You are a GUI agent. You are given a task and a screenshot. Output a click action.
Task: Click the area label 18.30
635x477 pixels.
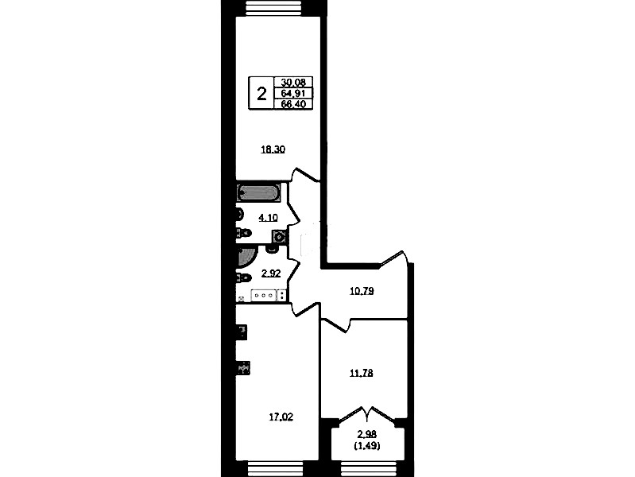click(x=273, y=149)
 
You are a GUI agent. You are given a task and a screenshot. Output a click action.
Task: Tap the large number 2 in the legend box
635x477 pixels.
click(x=262, y=95)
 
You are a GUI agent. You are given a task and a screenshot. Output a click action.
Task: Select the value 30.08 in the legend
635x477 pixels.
click(x=293, y=82)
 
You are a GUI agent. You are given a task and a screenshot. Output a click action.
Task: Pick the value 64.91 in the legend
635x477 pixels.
click(x=293, y=93)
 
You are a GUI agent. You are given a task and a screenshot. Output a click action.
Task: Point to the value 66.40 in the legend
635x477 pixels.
click(x=293, y=104)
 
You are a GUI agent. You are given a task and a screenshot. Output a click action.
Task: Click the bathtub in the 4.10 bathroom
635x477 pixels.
click(x=259, y=193)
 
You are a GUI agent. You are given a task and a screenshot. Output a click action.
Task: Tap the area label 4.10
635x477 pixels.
click(x=268, y=218)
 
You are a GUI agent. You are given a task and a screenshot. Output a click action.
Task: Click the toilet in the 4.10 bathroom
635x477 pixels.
click(x=244, y=233)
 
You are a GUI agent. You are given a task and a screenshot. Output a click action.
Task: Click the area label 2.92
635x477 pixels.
click(x=271, y=273)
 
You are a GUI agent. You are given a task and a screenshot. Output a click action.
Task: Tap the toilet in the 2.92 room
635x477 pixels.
click(x=243, y=278)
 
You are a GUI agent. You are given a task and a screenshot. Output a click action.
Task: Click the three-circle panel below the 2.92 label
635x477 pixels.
click(x=264, y=296)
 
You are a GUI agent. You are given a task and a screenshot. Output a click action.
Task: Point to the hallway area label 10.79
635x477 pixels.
click(x=362, y=291)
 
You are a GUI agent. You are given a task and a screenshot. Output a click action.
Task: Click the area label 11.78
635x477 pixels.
click(x=362, y=373)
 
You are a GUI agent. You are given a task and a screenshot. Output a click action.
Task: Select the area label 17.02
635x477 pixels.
click(x=281, y=417)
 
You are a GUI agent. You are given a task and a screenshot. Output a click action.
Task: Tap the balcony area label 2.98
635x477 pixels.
click(x=367, y=434)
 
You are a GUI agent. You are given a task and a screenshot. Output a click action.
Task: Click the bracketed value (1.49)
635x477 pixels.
click(x=367, y=446)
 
